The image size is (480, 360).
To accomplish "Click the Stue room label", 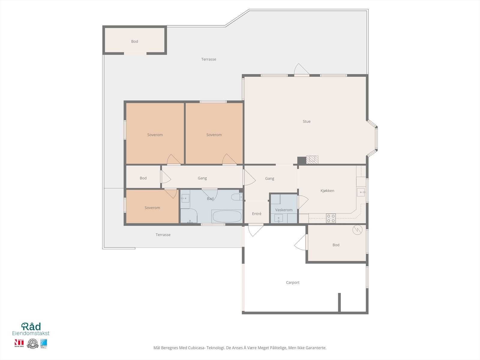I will pyautogui.click(x=306, y=121).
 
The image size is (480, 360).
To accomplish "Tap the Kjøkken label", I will pyautogui.click(x=327, y=191).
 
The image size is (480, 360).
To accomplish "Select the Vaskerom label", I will pyautogui.click(x=283, y=210).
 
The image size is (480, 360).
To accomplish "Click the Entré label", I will pyautogui.click(x=256, y=214).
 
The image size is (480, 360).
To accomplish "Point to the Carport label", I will pyautogui.click(x=292, y=283).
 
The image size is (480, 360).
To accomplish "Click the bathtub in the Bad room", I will pyautogui.click(x=227, y=216).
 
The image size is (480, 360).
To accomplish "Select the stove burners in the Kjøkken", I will pyautogui.click(x=331, y=218).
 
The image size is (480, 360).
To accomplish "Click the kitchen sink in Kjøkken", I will pyautogui.click(x=361, y=192).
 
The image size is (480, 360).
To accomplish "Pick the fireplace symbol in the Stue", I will pyautogui.click(x=312, y=159).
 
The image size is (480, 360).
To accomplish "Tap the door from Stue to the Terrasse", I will pyautogui.click(x=301, y=70).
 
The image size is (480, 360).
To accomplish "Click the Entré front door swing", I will pyautogui.click(x=255, y=230).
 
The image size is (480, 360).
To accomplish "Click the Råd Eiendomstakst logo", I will pyautogui.click(x=31, y=329).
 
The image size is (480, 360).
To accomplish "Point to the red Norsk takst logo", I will pyautogui.click(x=19, y=343).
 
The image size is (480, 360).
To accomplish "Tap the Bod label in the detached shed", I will pyautogui.click(x=134, y=42).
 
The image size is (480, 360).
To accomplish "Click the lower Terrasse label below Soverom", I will pyautogui.click(x=163, y=235).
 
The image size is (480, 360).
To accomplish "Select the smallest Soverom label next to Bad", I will pyautogui.click(x=152, y=208).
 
